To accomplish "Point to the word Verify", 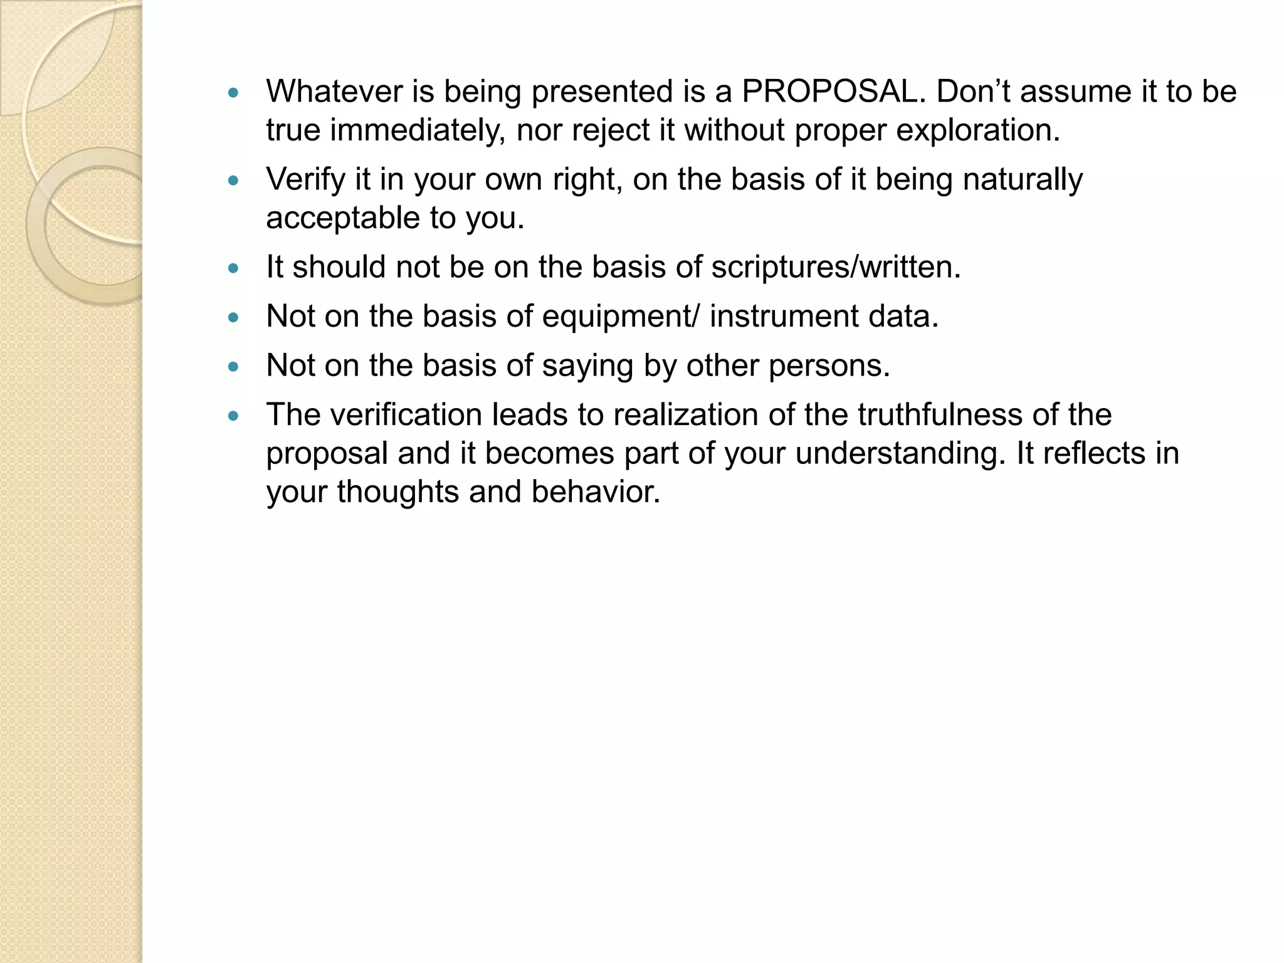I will (x=305, y=179).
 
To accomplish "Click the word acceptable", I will (x=343, y=218).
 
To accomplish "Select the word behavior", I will (x=596, y=492).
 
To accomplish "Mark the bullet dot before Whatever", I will (x=234, y=93).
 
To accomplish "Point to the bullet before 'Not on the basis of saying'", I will (x=234, y=367).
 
